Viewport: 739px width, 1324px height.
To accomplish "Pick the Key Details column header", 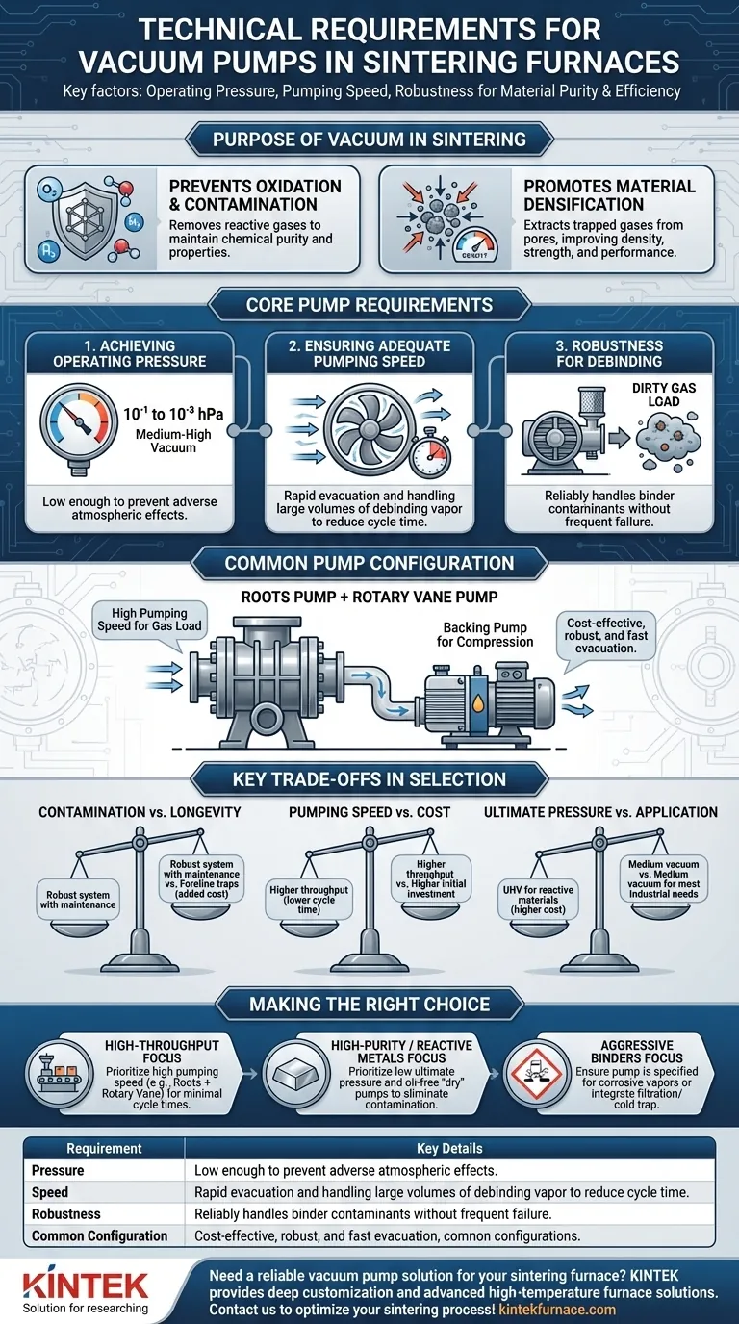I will (x=449, y=1148).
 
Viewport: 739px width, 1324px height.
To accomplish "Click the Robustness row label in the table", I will (x=66, y=1214).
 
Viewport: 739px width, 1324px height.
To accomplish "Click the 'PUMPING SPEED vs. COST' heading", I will (x=369, y=812).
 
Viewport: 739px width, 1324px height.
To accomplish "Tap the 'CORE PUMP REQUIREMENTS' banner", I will (x=369, y=305).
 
